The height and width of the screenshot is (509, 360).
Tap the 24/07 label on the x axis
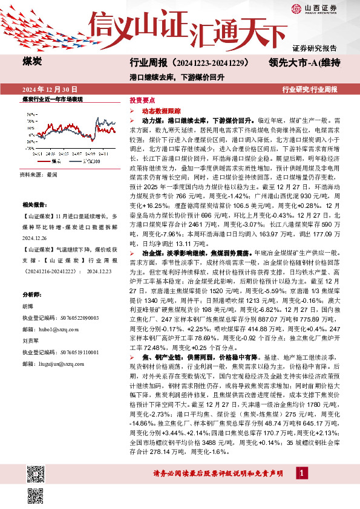point(77,154)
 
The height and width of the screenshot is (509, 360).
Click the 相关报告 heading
point(34,205)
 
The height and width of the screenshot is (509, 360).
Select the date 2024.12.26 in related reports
point(36,239)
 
